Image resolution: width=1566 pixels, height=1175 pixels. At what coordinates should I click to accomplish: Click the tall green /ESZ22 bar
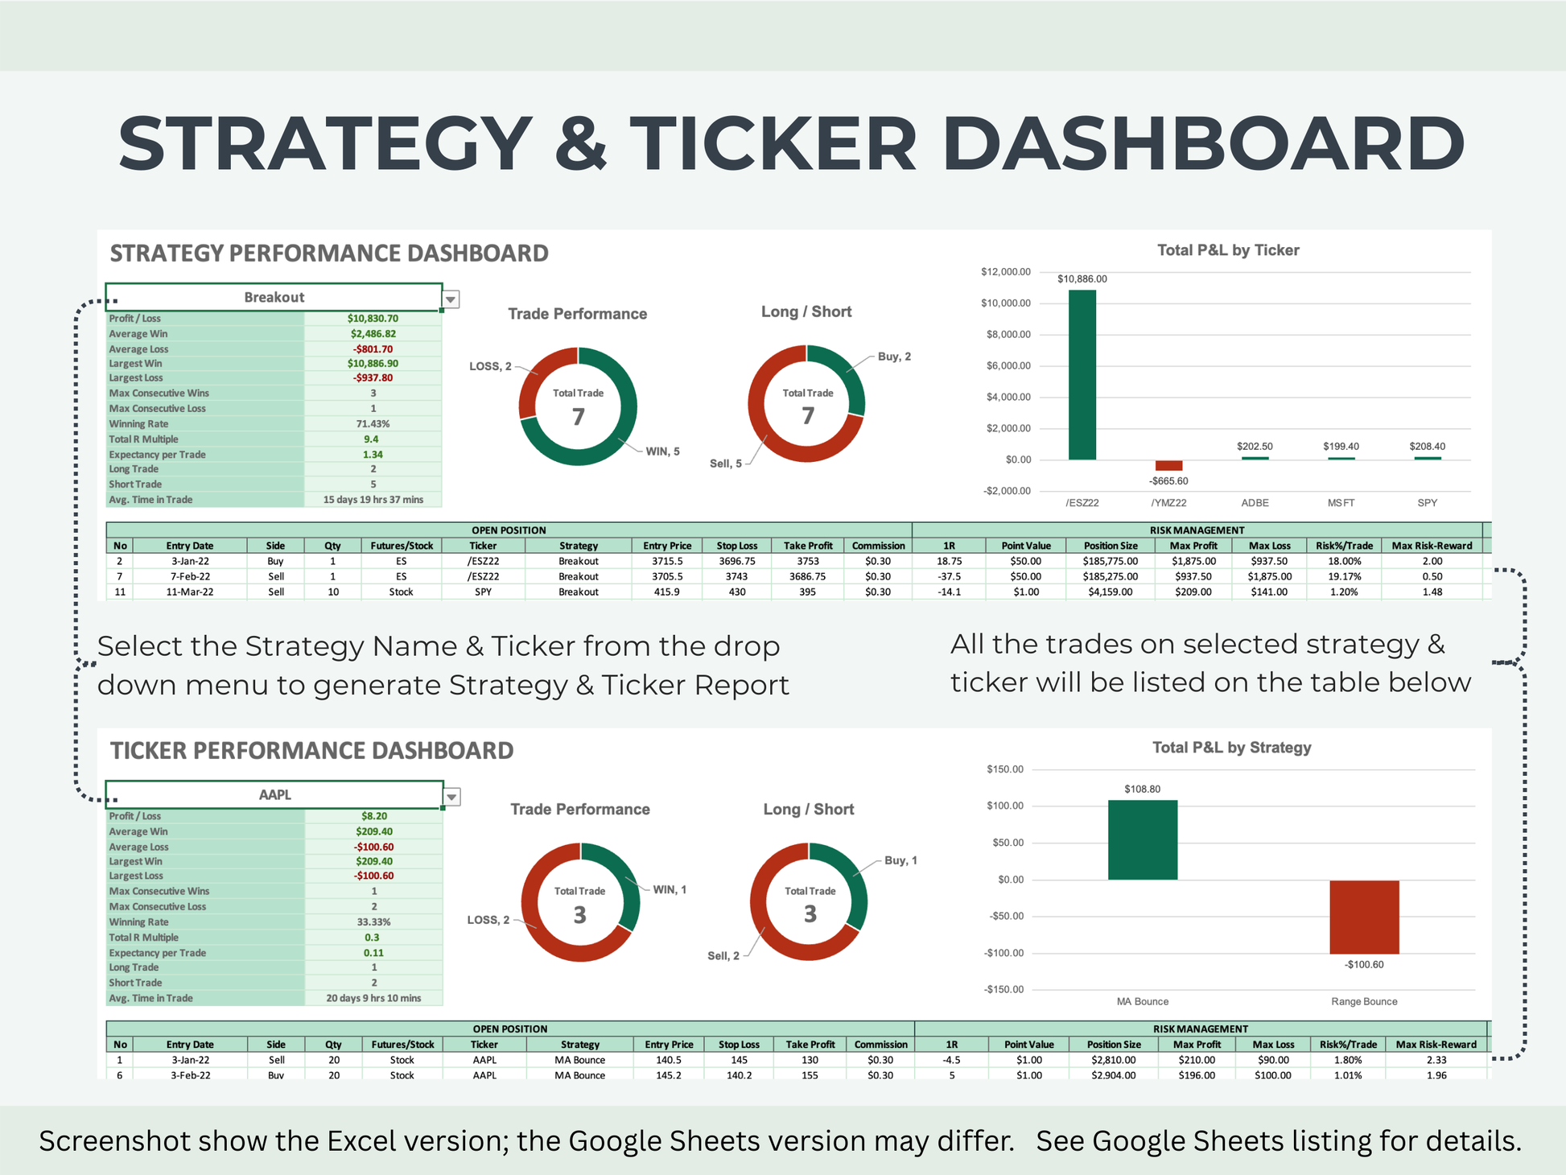point(1082,374)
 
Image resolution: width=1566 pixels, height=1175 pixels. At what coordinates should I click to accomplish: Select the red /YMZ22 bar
point(1168,465)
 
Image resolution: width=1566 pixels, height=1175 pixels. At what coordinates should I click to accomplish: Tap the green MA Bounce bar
point(1142,839)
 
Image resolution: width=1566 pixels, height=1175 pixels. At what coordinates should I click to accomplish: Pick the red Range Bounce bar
point(1364,917)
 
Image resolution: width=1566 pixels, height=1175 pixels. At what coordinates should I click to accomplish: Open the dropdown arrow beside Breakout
point(451,299)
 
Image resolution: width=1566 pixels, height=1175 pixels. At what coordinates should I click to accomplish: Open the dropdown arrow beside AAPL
point(451,797)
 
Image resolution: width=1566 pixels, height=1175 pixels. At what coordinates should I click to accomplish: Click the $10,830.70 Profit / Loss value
point(373,319)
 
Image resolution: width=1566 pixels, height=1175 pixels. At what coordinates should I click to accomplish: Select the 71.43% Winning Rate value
point(373,424)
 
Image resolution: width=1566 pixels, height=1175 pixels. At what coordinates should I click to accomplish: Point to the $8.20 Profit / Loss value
point(373,816)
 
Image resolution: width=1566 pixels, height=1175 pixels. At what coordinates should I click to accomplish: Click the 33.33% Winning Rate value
point(373,922)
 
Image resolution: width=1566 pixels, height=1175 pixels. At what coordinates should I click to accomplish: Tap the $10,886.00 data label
point(1082,279)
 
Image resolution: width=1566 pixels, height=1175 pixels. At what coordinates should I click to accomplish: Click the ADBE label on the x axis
point(1255,503)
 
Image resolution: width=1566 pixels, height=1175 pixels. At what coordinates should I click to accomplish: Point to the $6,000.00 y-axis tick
point(1008,366)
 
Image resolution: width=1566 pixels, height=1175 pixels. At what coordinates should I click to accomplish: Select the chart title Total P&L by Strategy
point(1231,748)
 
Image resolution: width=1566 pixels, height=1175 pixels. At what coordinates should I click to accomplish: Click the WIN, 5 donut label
point(662,451)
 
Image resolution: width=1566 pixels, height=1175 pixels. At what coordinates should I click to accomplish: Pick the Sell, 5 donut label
point(725,464)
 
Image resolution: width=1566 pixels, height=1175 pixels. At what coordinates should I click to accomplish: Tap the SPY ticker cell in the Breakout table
point(483,592)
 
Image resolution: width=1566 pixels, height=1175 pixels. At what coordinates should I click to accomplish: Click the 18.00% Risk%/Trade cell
point(1343,562)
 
